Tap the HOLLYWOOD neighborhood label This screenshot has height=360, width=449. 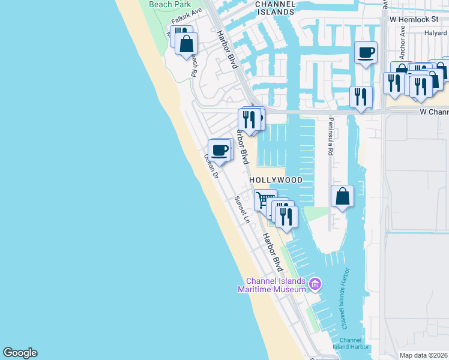click(x=275, y=180)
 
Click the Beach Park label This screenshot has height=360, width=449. click(x=170, y=4)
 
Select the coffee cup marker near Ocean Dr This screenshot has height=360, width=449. click(x=220, y=149)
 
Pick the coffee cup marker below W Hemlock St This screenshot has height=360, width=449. click(x=366, y=53)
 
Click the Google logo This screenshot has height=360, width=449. click(x=20, y=353)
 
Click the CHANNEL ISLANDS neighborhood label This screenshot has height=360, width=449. click(x=275, y=8)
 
